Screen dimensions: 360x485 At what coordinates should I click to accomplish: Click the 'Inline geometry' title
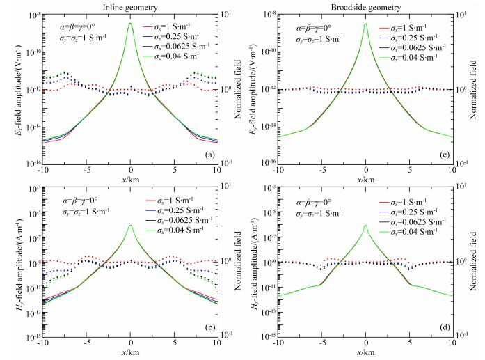[x=131, y=6]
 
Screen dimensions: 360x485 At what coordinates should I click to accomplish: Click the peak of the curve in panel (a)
[x=131, y=23]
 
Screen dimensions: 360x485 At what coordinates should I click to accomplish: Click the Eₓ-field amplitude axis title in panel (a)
[x=10, y=87]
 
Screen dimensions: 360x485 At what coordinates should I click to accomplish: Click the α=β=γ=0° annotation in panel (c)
[x=304, y=28]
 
